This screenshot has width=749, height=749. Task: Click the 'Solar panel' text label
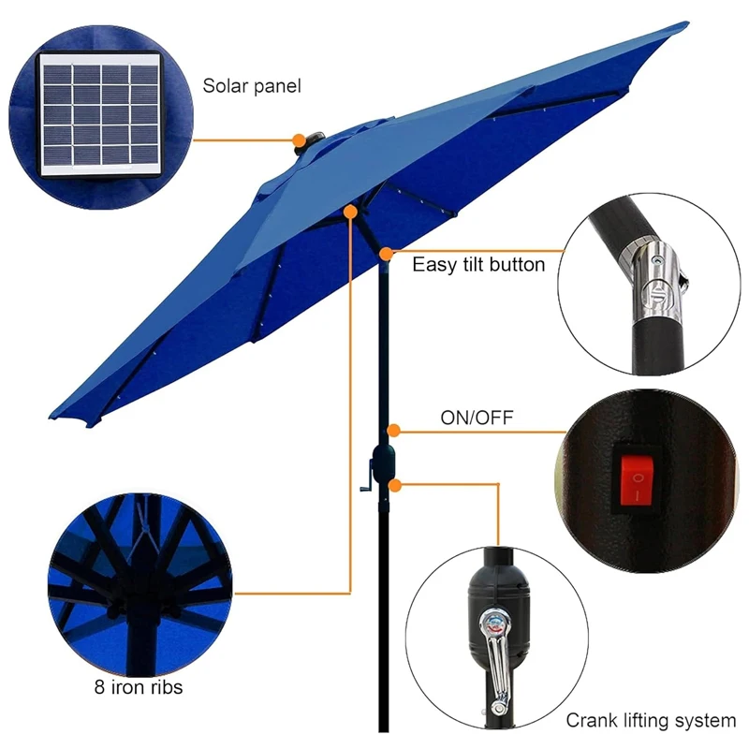pyautogui.click(x=252, y=87)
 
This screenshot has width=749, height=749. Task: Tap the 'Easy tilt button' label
pyautogui.click(x=478, y=265)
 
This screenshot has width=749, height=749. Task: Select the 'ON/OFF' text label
pyautogui.click(x=477, y=418)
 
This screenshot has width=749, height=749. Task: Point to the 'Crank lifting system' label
pyautogui.click(x=651, y=721)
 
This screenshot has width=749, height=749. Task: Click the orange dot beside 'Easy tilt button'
pyautogui.click(x=387, y=252)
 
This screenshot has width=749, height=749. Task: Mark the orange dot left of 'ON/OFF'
pyautogui.click(x=395, y=431)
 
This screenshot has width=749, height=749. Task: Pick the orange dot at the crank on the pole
pyautogui.click(x=397, y=485)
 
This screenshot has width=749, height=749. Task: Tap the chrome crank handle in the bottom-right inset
pyautogui.click(x=489, y=646)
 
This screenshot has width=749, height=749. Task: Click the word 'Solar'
pyautogui.click(x=225, y=87)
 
